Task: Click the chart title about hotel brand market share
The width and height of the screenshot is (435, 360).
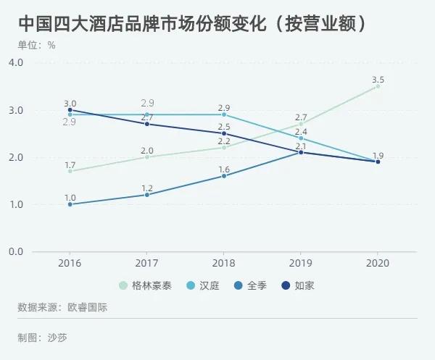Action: pos(192,22)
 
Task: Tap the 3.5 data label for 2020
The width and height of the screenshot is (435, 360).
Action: pos(378,78)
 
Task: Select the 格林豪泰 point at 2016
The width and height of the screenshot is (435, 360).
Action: pos(70,171)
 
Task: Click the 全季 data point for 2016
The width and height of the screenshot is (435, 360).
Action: pos(70,204)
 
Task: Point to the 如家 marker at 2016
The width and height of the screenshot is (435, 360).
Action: pos(70,110)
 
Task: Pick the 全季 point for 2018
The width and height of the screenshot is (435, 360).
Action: pos(224,176)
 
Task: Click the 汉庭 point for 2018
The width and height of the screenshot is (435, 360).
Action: pos(224,114)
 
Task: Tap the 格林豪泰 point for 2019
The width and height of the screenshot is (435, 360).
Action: pos(301,124)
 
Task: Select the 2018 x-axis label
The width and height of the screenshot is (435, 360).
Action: pos(224,263)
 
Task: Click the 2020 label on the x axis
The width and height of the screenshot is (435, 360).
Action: pos(378,263)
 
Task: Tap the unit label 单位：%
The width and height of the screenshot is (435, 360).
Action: pos(37,45)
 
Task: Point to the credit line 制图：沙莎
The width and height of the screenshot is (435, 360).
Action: pos(43,337)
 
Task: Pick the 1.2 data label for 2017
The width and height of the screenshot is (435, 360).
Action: pos(147,187)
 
